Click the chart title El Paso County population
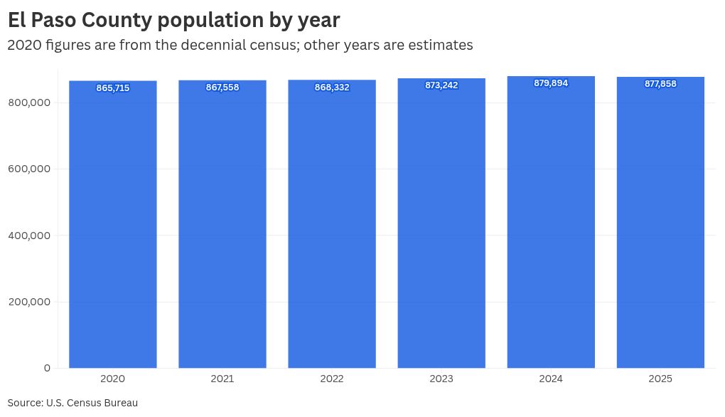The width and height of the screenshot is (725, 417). (173, 20)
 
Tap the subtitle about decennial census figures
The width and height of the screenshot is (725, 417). (240, 45)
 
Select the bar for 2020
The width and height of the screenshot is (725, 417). (113, 228)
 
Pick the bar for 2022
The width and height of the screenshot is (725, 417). (332, 228)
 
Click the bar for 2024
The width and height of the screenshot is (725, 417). (551, 228)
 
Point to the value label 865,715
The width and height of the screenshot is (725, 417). (113, 88)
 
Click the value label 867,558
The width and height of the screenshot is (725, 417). (222, 88)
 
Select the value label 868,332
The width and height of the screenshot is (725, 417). (332, 88)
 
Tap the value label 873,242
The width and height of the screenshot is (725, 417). (441, 85)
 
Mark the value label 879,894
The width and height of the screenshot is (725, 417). (551, 83)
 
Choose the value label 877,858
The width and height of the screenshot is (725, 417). (660, 84)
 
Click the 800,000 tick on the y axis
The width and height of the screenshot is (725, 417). (29, 102)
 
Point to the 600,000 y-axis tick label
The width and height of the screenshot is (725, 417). (29, 169)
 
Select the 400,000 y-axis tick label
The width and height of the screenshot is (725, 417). (29, 236)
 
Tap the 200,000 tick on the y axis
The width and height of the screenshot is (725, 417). (29, 302)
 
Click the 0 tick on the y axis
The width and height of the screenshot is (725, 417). (47, 368)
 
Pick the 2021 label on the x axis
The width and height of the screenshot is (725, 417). (222, 379)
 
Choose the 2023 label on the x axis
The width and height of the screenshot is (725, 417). (441, 379)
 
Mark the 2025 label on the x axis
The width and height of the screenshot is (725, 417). (660, 379)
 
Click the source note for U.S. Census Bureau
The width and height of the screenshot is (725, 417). (72, 403)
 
